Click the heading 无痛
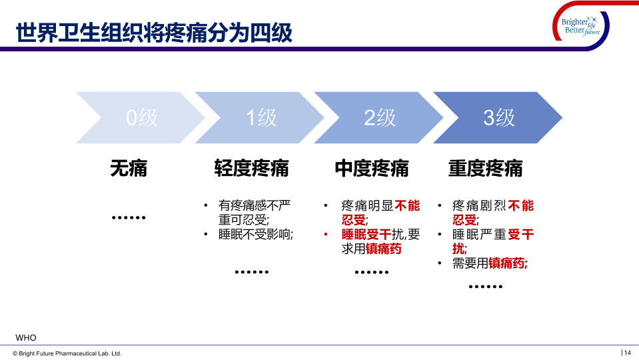click(x=129, y=168)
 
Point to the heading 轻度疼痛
click(x=251, y=168)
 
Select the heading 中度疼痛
click(x=372, y=168)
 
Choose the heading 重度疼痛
click(x=485, y=168)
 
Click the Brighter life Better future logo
click(x=581, y=26)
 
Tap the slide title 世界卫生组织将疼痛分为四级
click(x=154, y=33)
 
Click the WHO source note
click(x=26, y=337)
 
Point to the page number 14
click(x=627, y=353)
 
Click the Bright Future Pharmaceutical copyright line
click(x=67, y=353)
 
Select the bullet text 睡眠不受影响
click(x=255, y=235)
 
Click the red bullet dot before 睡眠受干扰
click(x=326, y=235)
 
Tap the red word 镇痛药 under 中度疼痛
click(x=384, y=249)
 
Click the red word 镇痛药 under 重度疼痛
click(x=506, y=263)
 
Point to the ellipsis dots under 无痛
click(x=129, y=218)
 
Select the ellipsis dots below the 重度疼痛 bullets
click(x=485, y=287)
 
